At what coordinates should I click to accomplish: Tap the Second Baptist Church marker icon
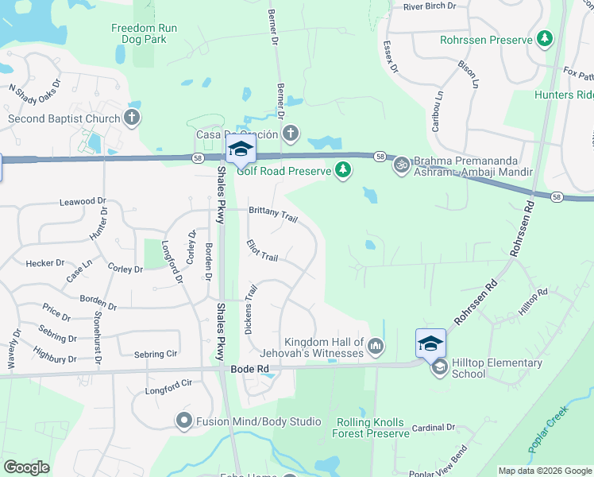point(132,119)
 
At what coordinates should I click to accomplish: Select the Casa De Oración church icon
point(291,133)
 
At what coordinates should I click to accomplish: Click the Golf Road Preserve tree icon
point(342,169)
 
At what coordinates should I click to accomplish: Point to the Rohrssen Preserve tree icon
point(544,38)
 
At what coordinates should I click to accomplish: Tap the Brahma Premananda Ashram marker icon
point(402,164)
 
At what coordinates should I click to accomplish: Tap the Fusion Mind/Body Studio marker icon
point(184,421)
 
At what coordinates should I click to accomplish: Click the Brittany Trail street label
point(273,214)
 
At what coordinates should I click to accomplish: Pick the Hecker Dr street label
point(45,263)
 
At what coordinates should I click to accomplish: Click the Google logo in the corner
point(26,467)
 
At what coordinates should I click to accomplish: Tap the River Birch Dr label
point(430,6)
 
